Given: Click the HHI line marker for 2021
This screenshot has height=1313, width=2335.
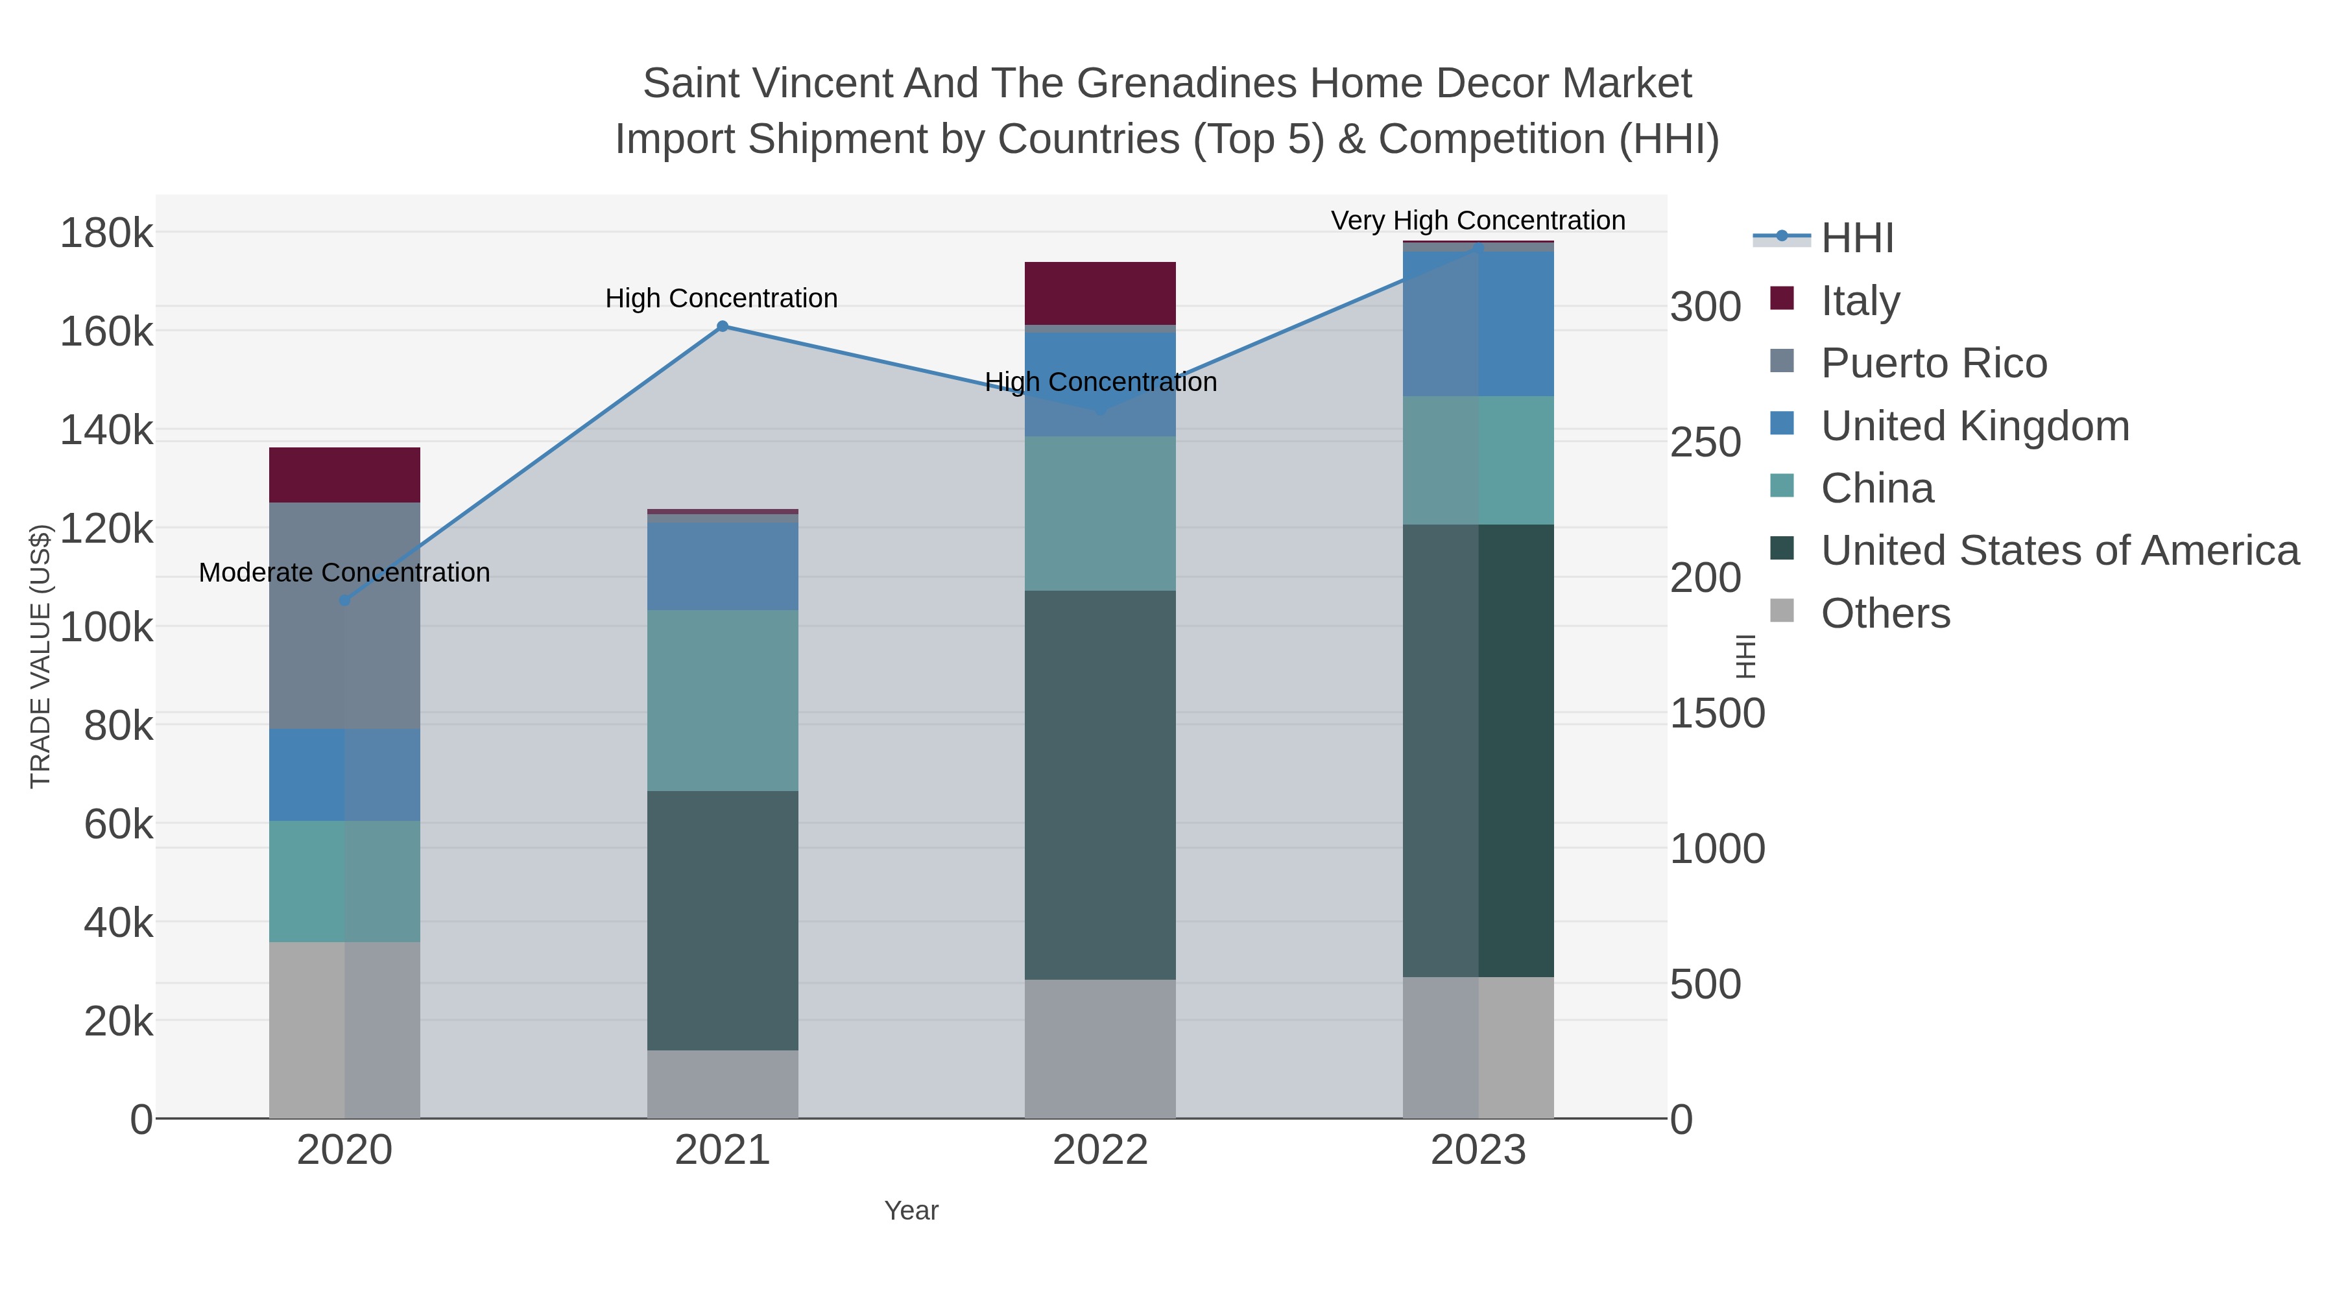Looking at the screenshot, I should pyautogui.click(x=723, y=326).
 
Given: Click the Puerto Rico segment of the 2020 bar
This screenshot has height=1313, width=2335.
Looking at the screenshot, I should pyautogui.click(x=344, y=615).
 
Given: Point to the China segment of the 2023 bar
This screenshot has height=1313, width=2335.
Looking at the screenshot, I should pyautogui.click(x=1478, y=460).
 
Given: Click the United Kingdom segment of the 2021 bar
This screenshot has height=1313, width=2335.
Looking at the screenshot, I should pyautogui.click(x=723, y=566).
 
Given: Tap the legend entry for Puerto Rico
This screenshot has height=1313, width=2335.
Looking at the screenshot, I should pyautogui.click(x=1934, y=363).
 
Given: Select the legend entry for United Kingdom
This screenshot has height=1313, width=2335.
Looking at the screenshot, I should pyautogui.click(x=1974, y=426).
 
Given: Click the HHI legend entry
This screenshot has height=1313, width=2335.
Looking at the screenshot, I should pyautogui.click(x=1856, y=239).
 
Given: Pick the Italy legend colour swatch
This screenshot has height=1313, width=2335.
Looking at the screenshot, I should pyautogui.click(x=1781, y=299).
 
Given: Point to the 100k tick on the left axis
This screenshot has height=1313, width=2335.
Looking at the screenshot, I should pyautogui.click(x=106, y=627).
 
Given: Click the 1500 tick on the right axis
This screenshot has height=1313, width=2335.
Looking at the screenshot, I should pyautogui.click(x=1717, y=714).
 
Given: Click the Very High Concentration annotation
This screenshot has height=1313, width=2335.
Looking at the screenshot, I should pyautogui.click(x=1478, y=221).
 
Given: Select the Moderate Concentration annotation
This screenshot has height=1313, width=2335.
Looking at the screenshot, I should pyautogui.click(x=344, y=573).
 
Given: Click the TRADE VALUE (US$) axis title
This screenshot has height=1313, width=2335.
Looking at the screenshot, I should pyautogui.click(x=41, y=656).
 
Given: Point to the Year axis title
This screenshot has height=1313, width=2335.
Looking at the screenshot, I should pyautogui.click(x=911, y=1211).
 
